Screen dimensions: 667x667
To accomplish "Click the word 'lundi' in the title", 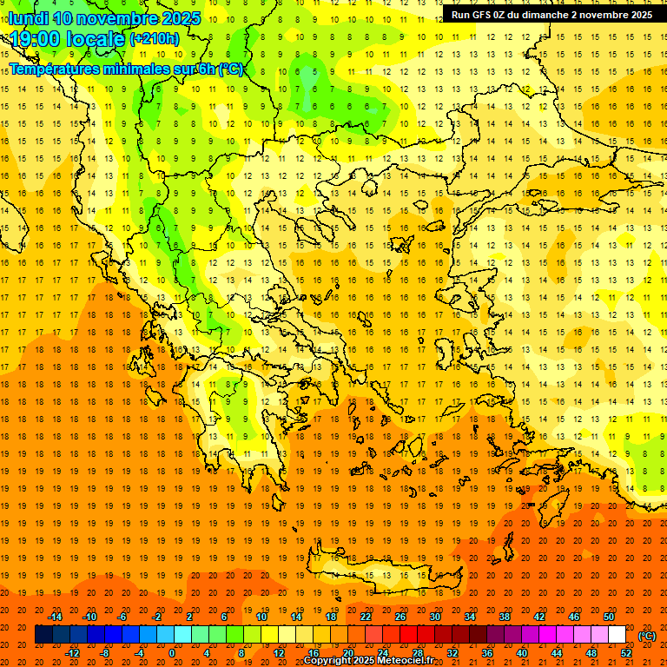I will (28, 18).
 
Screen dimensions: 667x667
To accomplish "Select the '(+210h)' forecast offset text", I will (154, 39).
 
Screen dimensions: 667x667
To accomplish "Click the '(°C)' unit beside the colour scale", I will (647, 636).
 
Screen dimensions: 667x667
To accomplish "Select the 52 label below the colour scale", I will (626, 653).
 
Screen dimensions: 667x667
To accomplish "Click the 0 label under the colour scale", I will (171, 653).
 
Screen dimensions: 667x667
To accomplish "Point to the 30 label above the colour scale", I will (434, 617).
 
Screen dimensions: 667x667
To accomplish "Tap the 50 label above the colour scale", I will (608, 617).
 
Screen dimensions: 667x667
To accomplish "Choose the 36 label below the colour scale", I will (487, 653).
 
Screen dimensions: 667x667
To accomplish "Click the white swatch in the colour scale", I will (617, 635).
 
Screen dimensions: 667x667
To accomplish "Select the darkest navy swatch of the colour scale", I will (43, 635).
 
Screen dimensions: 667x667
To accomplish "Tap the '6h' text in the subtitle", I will (208, 69).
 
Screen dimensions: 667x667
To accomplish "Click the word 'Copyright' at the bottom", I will (327, 661).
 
